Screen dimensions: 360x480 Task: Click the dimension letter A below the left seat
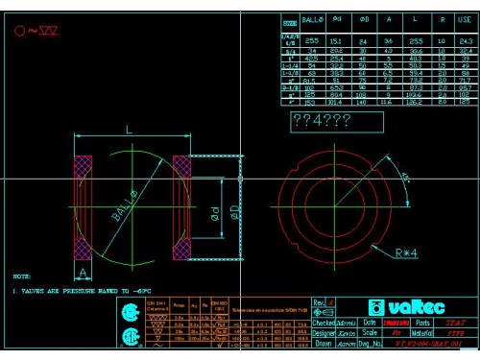click(x=84, y=273)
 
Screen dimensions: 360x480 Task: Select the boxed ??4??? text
click(x=322, y=121)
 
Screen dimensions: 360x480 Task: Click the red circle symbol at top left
click(x=19, y=30)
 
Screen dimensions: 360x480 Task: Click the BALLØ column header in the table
click(x=314, y=18)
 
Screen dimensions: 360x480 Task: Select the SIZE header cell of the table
click(x=290, y=19)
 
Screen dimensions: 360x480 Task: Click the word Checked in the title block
click(x=324, y=324)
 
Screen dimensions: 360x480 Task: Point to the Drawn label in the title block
click(x=323, y=343)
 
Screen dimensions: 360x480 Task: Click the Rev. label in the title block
click(x=319, y=302)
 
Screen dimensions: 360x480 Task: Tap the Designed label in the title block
click(x=324, y=333)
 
